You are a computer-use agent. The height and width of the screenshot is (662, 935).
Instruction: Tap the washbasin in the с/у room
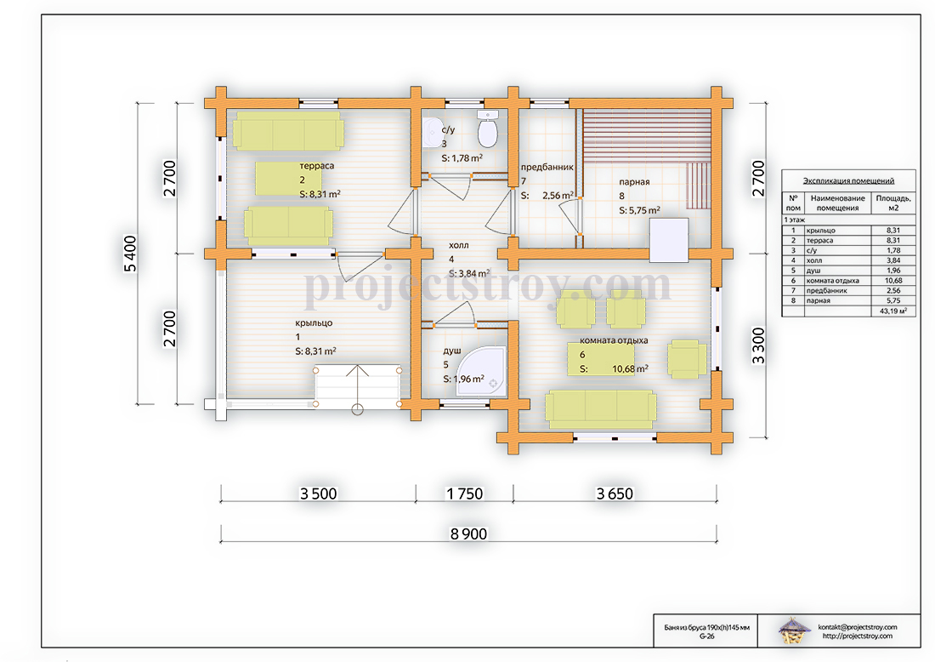click(431, 133)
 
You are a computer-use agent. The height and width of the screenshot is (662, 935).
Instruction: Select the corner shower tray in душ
click(481, 371)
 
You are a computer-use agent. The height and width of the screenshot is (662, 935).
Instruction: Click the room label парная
click(634, 182)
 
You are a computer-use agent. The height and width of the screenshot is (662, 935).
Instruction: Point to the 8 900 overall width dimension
click(468, 534)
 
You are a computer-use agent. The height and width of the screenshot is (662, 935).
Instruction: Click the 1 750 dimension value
click(464, 494)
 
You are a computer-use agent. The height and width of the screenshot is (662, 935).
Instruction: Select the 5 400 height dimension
click(131, 254)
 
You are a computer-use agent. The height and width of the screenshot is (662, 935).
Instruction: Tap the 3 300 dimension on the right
click(758, 345)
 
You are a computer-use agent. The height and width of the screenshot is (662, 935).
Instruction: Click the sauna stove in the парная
click(669, 240)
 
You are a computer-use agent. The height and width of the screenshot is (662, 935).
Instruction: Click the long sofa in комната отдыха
click(601, 409)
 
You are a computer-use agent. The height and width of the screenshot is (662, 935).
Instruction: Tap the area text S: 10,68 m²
click(615, 369)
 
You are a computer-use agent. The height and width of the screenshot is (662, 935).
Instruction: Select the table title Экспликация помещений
click(848, 181)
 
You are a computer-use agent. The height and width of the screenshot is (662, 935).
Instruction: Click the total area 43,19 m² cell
click(893, 311)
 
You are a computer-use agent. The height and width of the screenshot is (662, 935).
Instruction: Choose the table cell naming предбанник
click(826, 291)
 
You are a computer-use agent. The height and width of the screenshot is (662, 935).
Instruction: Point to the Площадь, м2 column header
click(893, 203)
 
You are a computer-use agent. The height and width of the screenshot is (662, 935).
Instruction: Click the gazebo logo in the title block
click(794, 631)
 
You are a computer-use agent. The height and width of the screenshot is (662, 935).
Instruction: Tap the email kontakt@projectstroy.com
click(858, 627)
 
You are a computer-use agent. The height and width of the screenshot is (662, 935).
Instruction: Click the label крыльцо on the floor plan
click(314, 323)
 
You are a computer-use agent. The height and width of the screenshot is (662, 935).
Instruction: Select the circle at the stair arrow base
click(357, 409)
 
